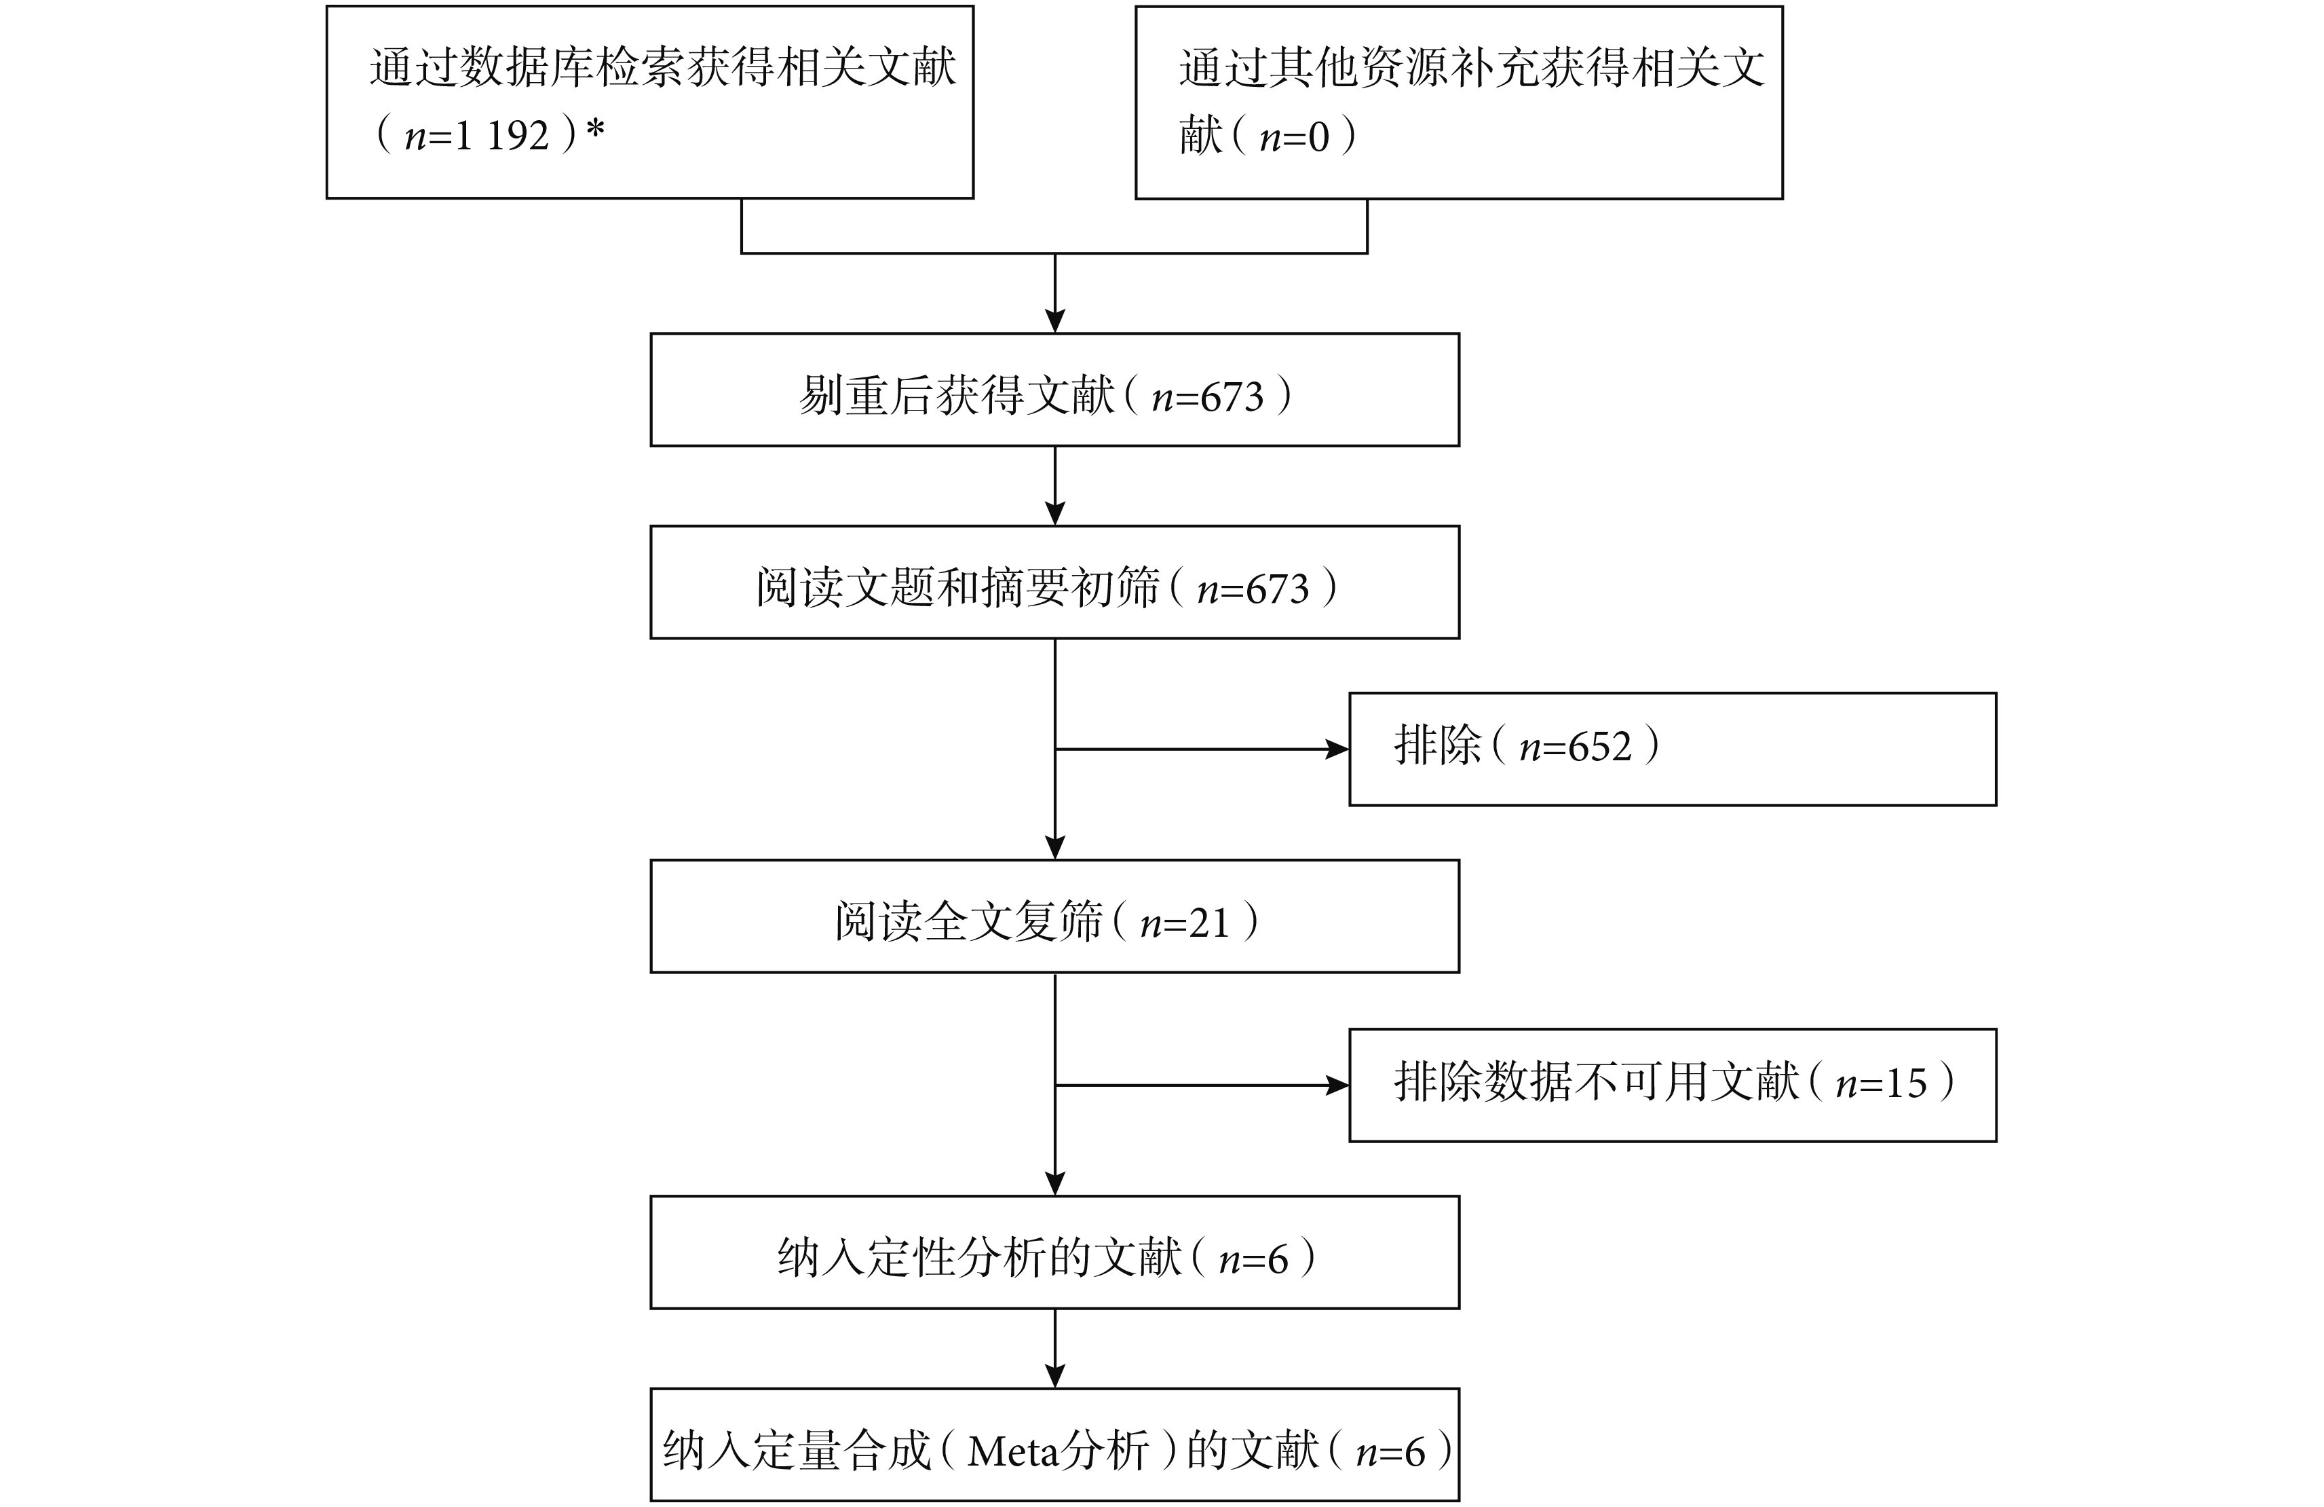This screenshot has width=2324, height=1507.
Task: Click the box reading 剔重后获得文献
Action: pos(1054,390)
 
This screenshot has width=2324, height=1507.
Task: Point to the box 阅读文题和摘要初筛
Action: pos(1054,582)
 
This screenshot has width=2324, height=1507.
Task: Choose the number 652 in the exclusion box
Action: pos(1599,747)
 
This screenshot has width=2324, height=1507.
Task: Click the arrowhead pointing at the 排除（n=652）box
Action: pos(1337,749)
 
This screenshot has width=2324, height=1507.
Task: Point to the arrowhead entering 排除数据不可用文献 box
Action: pos(1337,1085)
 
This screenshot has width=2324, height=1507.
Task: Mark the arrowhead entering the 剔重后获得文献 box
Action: pos(1054,320)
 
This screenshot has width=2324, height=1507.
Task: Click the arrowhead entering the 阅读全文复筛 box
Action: pos(1054,846)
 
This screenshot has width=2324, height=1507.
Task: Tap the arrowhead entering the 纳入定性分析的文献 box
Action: pos(1054,1183)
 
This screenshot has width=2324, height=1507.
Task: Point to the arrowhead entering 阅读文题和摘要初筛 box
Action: pos(1054,513)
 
